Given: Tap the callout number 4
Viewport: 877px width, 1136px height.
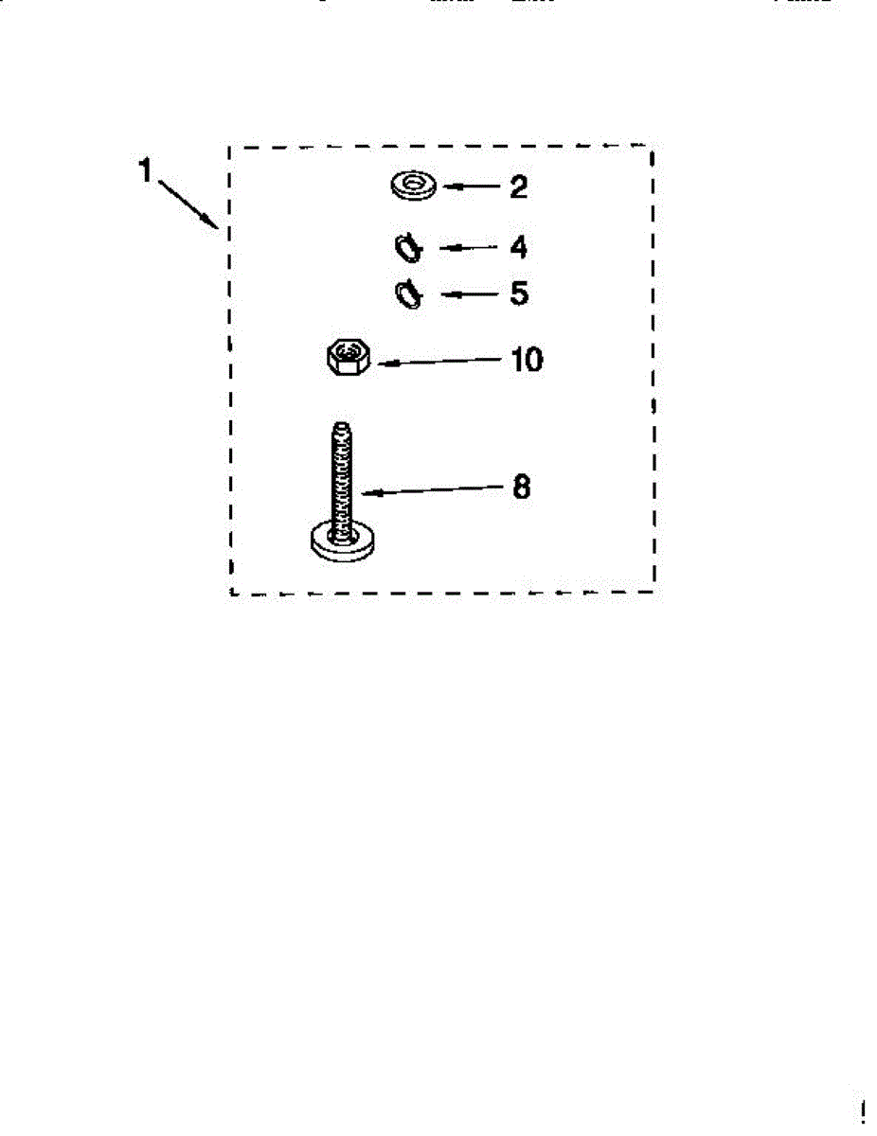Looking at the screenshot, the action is tap(517, 248).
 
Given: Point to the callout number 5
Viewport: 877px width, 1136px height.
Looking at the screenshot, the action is tap(518, 293).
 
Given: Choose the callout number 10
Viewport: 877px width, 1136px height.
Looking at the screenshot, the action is tap(527, 361).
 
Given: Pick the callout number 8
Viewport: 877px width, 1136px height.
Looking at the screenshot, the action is tap(521, 488).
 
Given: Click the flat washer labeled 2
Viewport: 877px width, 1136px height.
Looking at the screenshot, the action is tap(412, 186).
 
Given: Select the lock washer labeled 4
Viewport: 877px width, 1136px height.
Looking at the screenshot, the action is tap(409, 248).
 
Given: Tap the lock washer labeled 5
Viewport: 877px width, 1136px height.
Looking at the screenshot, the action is tap(409, 293).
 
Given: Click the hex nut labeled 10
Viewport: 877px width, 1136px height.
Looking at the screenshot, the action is tap(349, 358).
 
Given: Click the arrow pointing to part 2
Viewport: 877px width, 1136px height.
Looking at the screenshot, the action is tap(471, 187).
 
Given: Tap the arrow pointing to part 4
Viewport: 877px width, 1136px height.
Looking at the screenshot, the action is tap(468, 248).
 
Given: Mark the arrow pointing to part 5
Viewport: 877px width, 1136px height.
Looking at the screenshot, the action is tap(469, 293).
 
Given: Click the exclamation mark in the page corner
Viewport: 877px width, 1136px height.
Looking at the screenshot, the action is tap(863, 1111).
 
